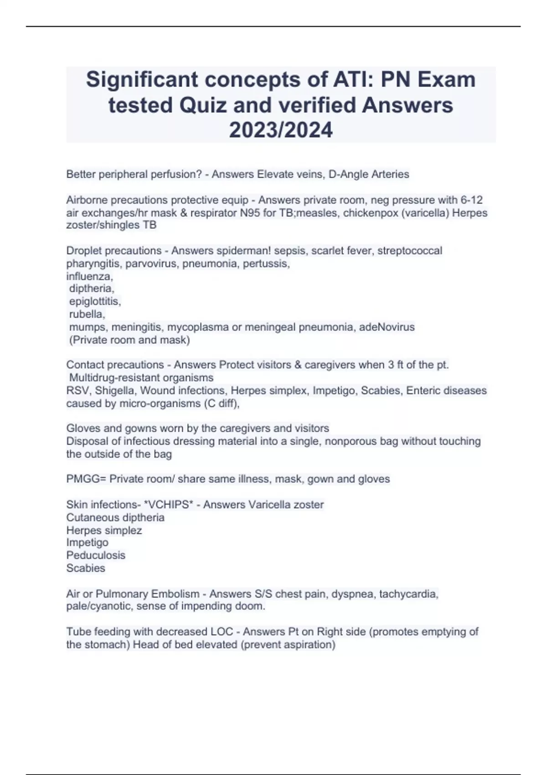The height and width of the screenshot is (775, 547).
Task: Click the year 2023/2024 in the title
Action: point(281,130)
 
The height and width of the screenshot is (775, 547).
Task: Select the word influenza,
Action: point(89,276)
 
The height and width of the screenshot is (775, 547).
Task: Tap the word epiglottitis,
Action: point(95,301)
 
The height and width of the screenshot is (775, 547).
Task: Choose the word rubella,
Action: point(87,314)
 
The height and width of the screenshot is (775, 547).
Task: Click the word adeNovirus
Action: point(387,327)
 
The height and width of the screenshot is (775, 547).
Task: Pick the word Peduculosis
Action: point(96,555)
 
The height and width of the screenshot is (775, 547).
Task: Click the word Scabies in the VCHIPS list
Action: point(86,568)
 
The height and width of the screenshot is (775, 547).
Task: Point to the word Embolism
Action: point(175,594)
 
